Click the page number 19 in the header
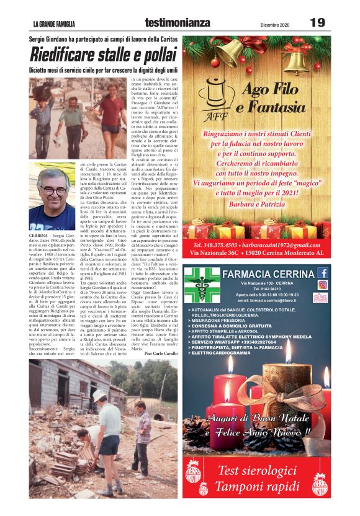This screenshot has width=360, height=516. click(x=317, y=23)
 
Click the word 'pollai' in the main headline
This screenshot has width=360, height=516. click(x=145, y=55)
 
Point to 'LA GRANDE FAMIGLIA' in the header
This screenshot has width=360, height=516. click(x=54, y=25)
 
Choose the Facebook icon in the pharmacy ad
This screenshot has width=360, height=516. click(x=323, y=272)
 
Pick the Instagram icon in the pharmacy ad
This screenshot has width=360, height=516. click(x=323, y=285)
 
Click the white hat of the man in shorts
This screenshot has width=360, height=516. click(x=99, y=396)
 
